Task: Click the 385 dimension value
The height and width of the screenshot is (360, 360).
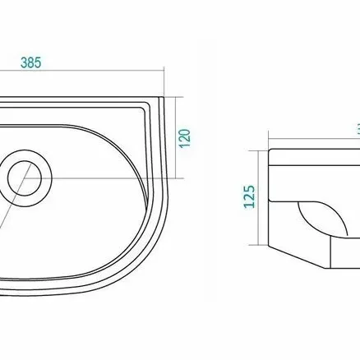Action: click(30, 62)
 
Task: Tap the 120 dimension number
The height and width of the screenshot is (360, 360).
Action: click(185, 138)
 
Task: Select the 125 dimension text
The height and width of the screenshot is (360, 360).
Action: click(249, 196)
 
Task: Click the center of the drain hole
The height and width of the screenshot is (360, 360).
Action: click(25, 178)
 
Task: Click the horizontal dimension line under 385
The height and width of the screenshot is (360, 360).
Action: click(82, 71)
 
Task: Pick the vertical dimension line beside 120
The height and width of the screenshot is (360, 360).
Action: click(175, 137)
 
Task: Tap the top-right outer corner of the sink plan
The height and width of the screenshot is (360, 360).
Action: click(164, 97)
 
